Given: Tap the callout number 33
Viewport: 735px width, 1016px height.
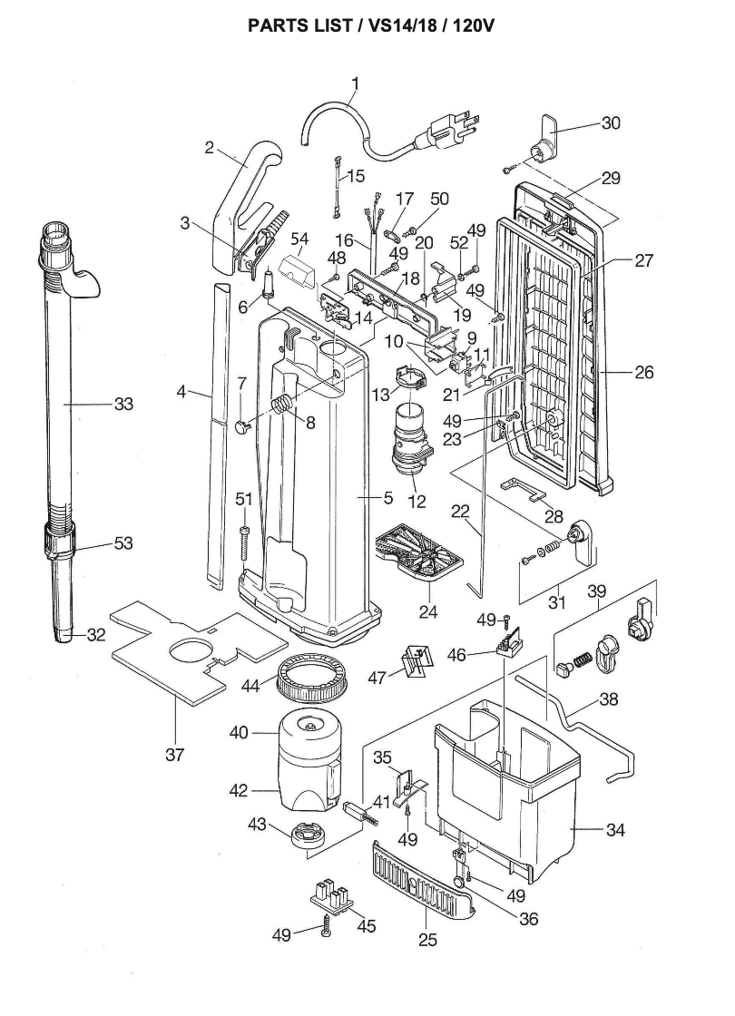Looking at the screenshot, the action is pyautogui.click(x=123, y=404).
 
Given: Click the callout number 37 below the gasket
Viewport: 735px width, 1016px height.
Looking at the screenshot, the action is pyautogui.click(x=174, y=754).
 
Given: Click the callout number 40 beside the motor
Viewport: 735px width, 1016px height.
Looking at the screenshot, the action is pyautogui.click(x=239, y=733).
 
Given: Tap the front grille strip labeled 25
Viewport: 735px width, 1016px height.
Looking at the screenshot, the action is pyautogui.click(x=426, y=881).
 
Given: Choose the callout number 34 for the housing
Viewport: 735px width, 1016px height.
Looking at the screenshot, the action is pyautogui.click(x=615, y=830).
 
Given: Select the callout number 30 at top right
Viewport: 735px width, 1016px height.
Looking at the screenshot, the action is pyautogui.click(x=611, y=122).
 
